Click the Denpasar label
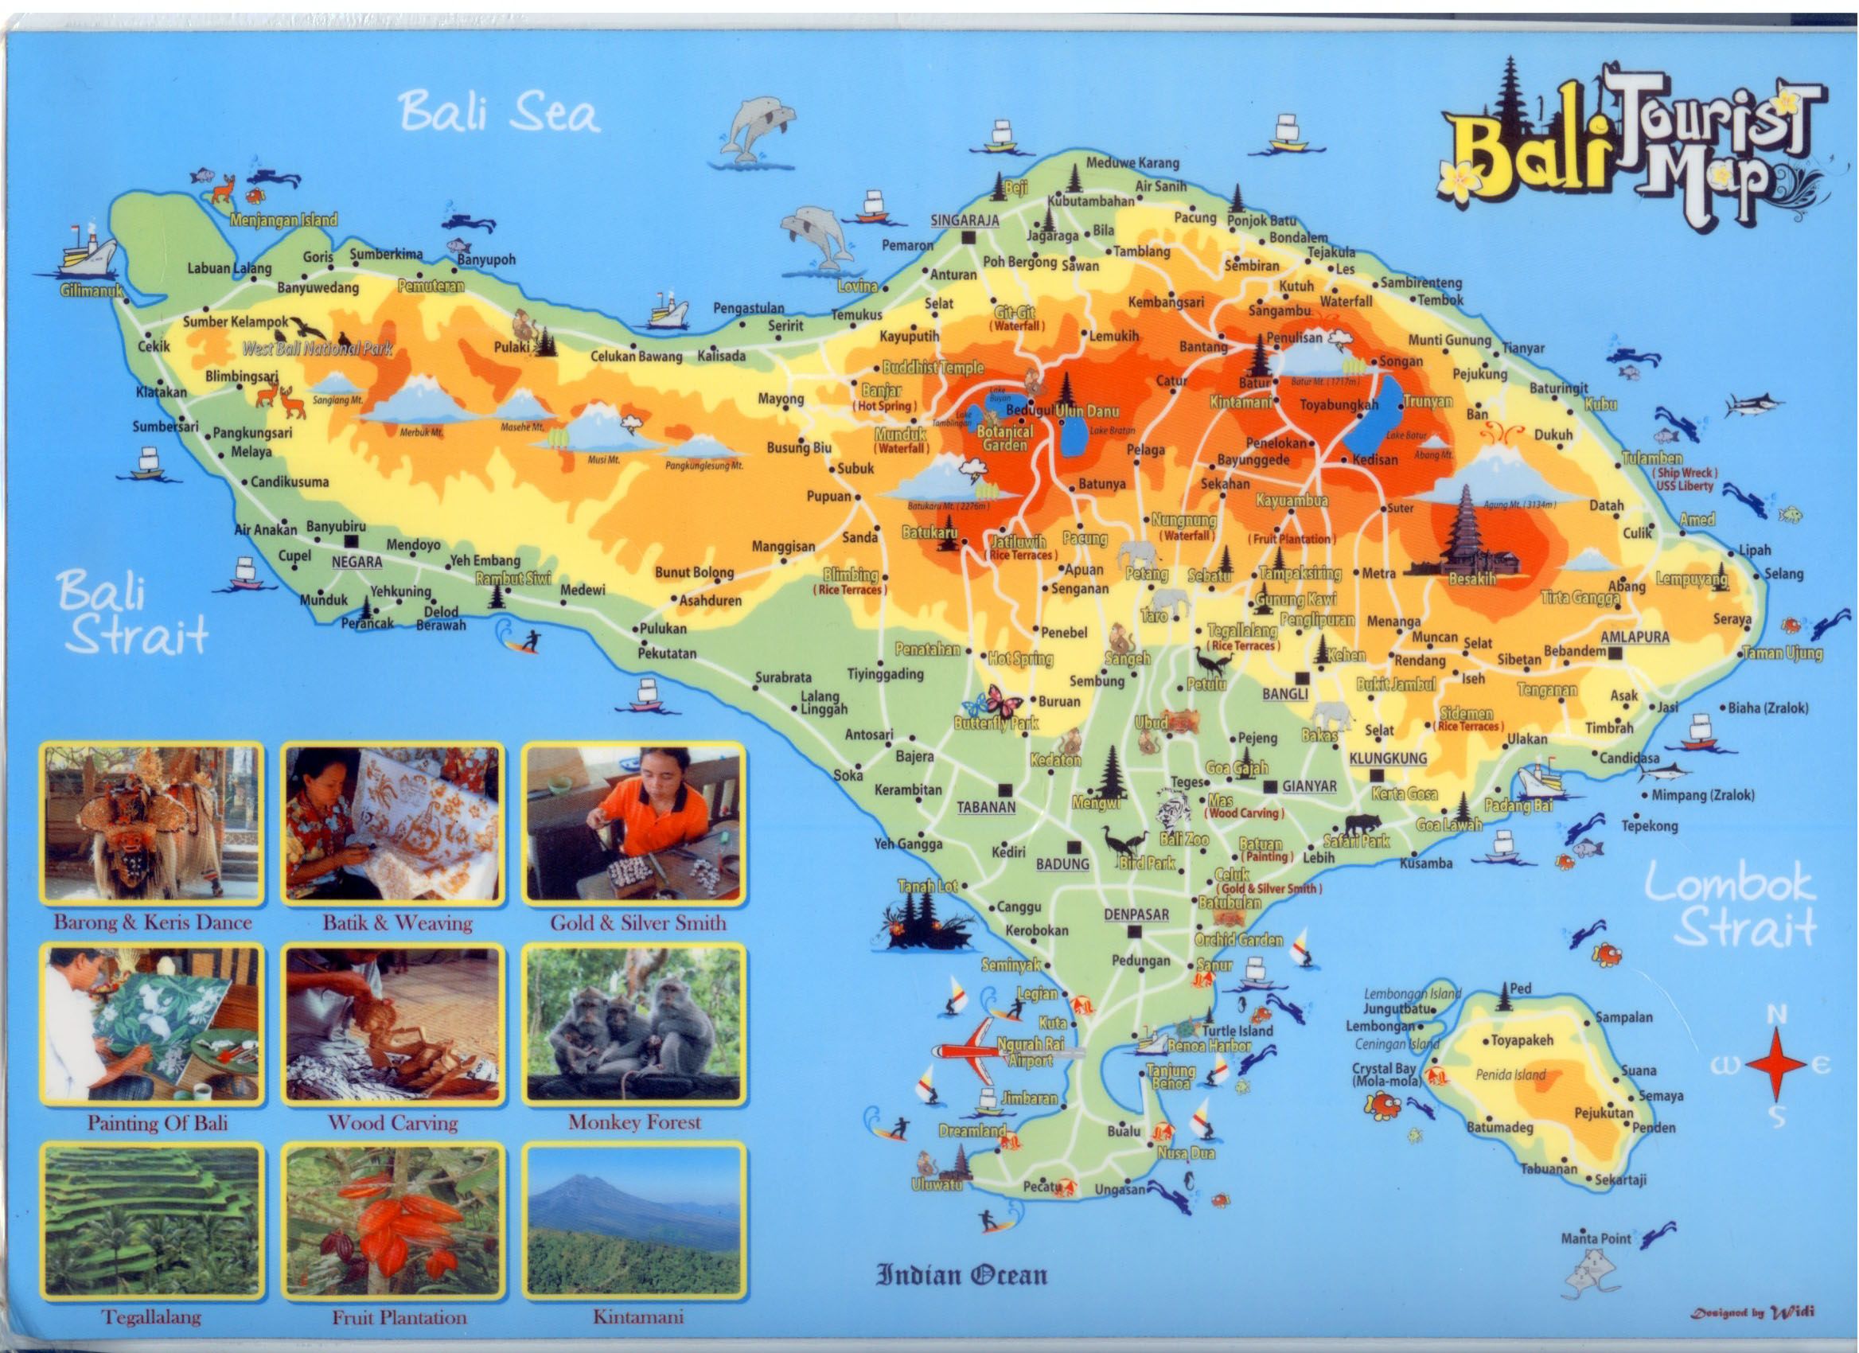[x=1136, y=914]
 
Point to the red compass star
[x=1775, y=1066]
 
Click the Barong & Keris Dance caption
[x=153, y=923]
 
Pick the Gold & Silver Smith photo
[x=634, y=825]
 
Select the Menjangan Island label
[x=283, y=220]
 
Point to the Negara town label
[x=357, y=562]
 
